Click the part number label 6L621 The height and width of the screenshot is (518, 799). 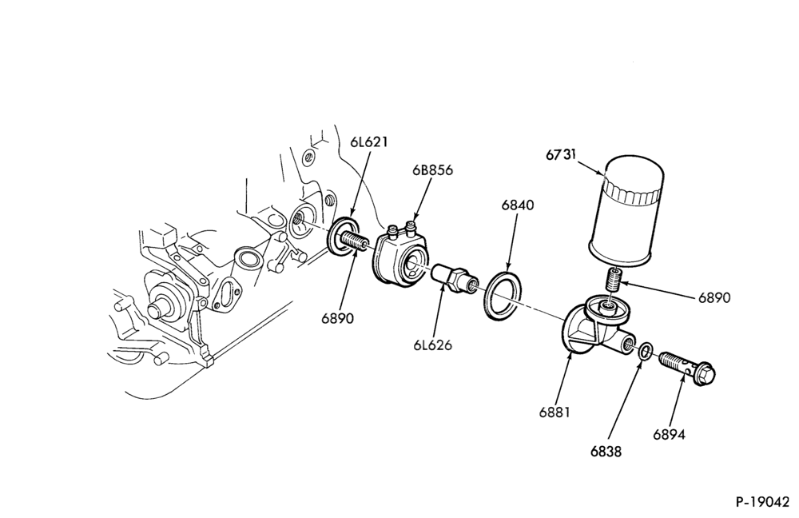coord(368,141)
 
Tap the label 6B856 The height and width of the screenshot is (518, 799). coord(432,169)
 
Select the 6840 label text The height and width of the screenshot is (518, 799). coord(518,205)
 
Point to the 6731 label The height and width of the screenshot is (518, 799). coord(562,154)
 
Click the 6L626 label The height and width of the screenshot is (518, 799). coord(432,345)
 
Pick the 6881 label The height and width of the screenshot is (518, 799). coord(555,412)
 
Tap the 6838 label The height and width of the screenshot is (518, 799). coord(606,451)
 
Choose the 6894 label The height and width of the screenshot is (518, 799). coord(669,434)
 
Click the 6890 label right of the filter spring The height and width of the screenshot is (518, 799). coord(714,297)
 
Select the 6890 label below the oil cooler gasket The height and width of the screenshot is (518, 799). coord(337,318)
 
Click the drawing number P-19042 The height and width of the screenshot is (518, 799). coord(762,502)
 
